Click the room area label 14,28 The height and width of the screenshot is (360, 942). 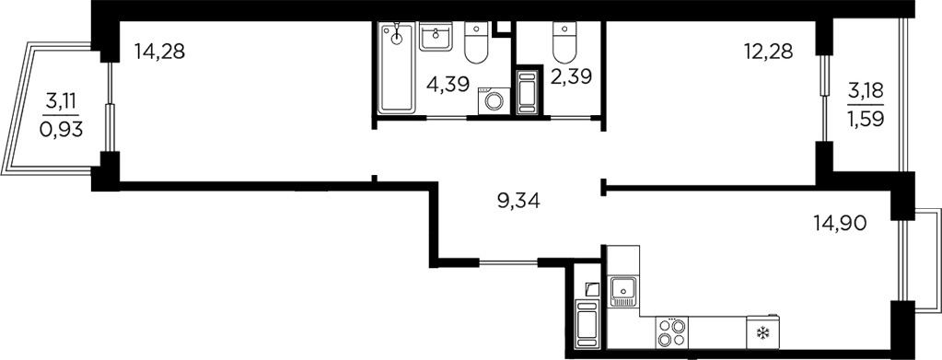(159, 52)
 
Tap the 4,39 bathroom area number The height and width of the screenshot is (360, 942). (448, 84)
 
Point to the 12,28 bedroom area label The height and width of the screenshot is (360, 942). (769, 52)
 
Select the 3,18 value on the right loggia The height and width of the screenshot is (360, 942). (865, 89)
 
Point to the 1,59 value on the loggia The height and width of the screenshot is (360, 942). (865, 122)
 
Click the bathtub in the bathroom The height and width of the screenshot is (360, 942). (397, 69)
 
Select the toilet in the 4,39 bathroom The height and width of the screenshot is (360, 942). (476, 41)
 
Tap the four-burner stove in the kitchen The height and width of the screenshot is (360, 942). (671, 332)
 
